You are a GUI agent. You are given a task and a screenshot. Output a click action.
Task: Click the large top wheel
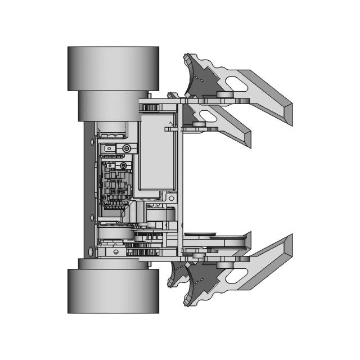pos(112,68)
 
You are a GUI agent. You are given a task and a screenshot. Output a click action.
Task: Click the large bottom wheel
pos(112,291)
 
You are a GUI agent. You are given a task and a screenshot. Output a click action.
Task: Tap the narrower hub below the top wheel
pos(110,106)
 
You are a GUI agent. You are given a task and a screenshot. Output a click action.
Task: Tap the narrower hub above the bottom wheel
pos(110,263)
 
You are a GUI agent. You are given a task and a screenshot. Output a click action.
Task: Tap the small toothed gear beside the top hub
pos(149,106)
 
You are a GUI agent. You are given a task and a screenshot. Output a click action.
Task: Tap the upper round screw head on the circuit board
pos(127,148)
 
